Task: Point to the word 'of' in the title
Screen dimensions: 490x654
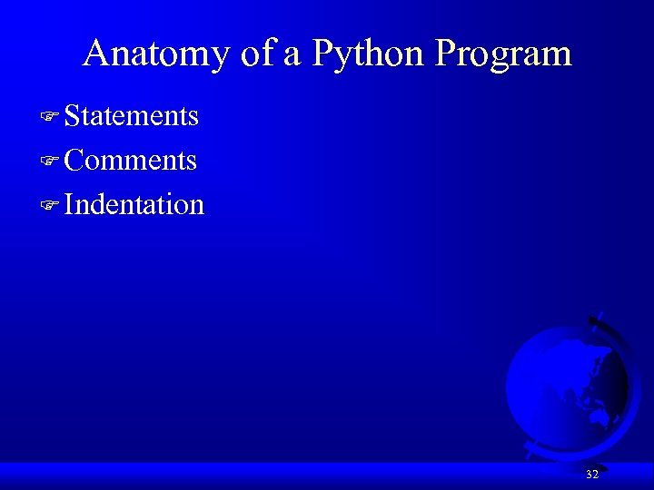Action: point(257,54)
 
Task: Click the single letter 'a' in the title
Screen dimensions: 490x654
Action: point(292,56)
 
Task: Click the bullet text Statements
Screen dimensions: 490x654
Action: point(132,116)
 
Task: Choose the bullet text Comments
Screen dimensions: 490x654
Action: point(131,161)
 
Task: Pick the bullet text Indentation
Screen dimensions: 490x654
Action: point(134,204)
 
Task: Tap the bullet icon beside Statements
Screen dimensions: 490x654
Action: point(50,117)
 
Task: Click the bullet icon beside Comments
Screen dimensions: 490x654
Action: point(50,162)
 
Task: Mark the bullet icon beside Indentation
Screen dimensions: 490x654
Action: point(50,205)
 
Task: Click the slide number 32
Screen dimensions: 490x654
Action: point(592,475)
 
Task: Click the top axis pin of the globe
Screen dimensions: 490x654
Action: point(594,320)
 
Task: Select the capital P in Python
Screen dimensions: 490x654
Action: point(322,54)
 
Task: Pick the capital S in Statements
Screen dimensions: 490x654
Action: point(73,116)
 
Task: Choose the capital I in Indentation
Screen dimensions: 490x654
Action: point(70,204)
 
